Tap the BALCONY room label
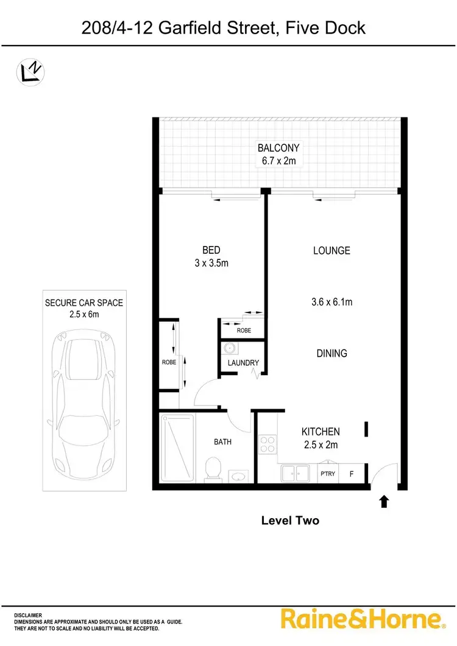tap(278, 148)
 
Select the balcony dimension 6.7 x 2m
tap(278, 161)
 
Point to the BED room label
tap(211, 250)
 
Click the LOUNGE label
tap(331, 250)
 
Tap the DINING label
tap(331, 353)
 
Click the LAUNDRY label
tap(243, 363)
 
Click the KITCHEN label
tap(321, 431)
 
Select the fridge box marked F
tap(351, 473)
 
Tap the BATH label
tap(222, 442)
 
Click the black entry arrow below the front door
tap(384, 502)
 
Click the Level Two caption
tap(290, 521)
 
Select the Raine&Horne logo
tap(361, 619)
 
